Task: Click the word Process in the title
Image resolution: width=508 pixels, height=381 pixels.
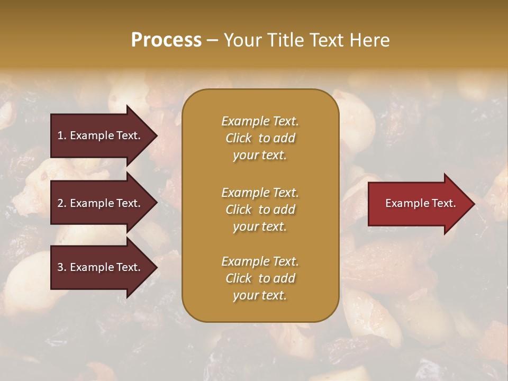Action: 166,40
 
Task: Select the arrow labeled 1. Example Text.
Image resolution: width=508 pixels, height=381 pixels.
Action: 101,135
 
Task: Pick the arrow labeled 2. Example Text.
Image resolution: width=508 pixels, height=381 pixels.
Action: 101,203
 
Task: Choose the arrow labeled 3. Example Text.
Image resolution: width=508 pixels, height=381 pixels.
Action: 101,267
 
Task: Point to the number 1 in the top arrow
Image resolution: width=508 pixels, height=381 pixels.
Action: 60,135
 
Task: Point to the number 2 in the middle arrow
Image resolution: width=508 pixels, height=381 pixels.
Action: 60,203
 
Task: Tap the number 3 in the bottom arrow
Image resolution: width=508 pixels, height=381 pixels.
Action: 60,267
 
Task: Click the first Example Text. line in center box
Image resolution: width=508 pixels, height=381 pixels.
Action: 260,121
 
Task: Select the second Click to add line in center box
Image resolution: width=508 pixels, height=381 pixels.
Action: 260,210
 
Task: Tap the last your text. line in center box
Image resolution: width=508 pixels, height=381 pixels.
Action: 260,295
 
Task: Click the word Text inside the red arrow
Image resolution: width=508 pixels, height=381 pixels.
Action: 443,203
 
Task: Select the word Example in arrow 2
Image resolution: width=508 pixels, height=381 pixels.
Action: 90,203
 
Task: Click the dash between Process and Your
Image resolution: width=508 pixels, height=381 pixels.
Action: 212,40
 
